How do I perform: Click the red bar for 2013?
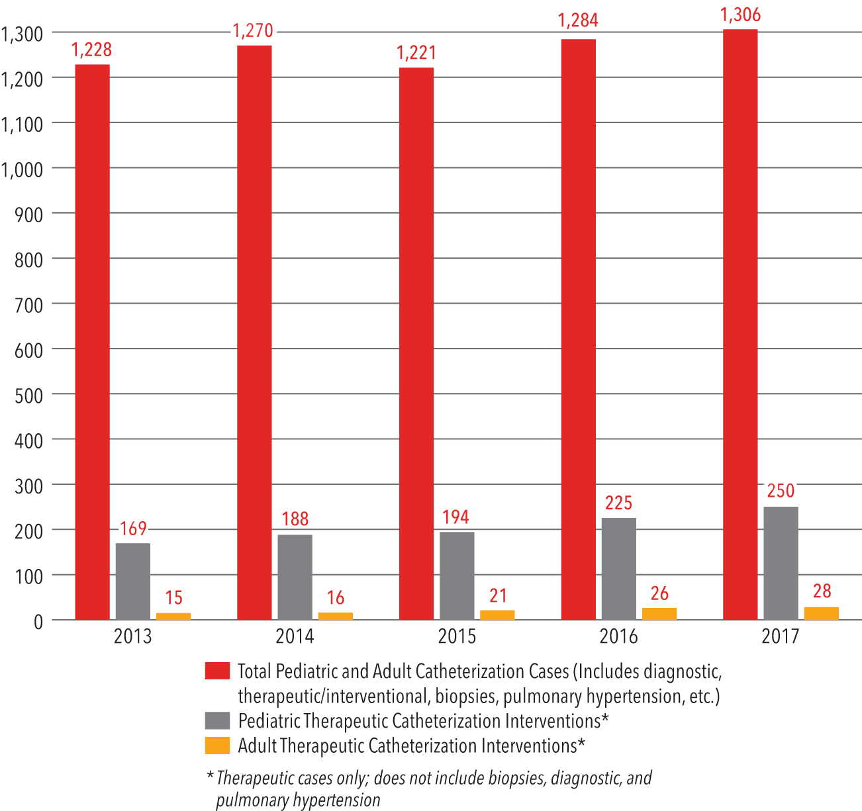tap(92, 341)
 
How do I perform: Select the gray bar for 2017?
tap(781, 563)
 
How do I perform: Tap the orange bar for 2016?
tap(659, 614)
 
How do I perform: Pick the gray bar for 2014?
tap(295, 577)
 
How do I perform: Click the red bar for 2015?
tap(416, 343)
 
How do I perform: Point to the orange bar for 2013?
tap(173, 616)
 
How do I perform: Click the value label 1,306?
tap(741, 15)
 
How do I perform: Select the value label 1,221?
tap(416, 53)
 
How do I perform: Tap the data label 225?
tap(618, 503)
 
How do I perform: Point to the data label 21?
tap(497, 596)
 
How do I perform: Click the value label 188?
tap(295, 519)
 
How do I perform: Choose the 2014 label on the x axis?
tap(295, 636)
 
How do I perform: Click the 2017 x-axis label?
tap(781, 636)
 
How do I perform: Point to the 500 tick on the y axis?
tap(28, 395)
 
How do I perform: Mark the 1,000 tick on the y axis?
tap(23, 169)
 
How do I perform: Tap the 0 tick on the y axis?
tap(38, 621)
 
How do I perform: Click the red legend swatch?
tap(217, 671)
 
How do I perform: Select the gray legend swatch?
tap(217, 720)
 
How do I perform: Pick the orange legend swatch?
tap(217, 746)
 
